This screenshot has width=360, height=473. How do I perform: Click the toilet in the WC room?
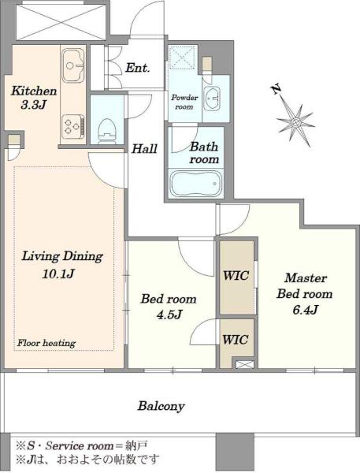click(x=106, y=131)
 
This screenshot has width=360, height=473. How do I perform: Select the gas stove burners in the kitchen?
click(x=73, y=126)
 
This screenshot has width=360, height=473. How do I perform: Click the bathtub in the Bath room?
click(x=196, y=184)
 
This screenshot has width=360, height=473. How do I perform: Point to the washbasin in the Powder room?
click(x=213, y=98)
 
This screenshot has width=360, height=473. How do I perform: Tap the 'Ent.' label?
click(x=138, y=68)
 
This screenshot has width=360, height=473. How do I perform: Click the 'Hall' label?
click(x=144, y=149)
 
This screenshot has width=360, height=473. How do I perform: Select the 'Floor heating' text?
click(x=46, y=343)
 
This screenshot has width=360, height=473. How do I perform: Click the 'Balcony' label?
click(x=161, y=406)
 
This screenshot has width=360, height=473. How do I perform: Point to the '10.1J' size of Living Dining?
click(x=58, y=274)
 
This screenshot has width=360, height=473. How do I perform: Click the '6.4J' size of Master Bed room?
click(x=305, y=310)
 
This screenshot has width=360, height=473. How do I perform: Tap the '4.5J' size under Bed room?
click(x=169, y=315)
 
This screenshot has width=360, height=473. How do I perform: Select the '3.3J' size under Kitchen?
click(x=33, y=105)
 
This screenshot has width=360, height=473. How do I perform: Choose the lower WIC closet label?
click(x=236, y=340)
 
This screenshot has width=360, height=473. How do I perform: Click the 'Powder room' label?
click(x=184, y=102)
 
